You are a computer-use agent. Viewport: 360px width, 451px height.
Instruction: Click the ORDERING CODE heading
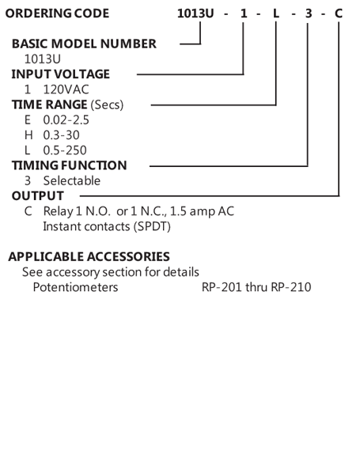click(57, 13)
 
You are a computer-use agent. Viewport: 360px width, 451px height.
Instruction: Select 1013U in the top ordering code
click(195, 13)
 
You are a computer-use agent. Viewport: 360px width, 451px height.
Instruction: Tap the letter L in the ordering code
click(276, 13)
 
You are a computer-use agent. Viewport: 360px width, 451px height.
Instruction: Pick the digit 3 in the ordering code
click(309, 13)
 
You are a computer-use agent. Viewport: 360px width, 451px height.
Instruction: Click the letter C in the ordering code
click(339, 13)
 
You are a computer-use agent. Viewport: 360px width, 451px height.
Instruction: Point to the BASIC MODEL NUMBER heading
click(84, 44)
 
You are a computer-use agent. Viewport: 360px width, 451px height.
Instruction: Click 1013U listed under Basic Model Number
click(43, 59)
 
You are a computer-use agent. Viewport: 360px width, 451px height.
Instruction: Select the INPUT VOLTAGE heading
click(61, 74)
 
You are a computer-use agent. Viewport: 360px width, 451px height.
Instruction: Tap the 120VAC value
click(66, 89)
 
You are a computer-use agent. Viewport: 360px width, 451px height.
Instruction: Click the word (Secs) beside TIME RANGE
click(107, 104)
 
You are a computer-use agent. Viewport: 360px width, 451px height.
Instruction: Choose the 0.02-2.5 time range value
click(66, 120)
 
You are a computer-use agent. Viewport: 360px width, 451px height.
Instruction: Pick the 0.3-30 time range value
click(61, 135)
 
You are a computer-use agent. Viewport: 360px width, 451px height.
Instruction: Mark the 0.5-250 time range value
click(65, 150)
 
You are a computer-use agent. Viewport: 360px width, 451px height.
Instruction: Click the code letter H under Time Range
click(28, 135)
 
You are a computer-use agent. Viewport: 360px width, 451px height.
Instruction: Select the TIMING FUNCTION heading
click(70, 165)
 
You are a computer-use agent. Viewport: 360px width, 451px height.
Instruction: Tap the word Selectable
click(72, 181)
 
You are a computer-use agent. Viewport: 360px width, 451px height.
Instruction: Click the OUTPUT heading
click(38, 196)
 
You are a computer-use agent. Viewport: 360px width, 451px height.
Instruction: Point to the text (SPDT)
click(152, 226)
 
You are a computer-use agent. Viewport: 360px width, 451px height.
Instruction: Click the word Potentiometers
click(76, 287)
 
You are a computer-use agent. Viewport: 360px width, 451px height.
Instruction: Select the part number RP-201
click(222, 287)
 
